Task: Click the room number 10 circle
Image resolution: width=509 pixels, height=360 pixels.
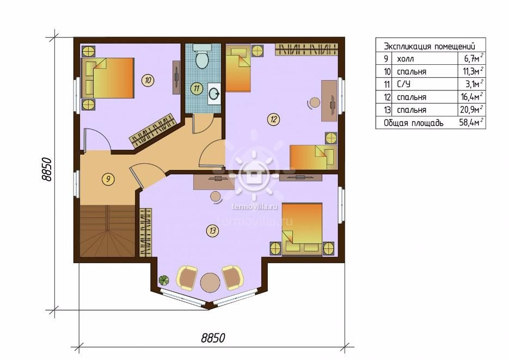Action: tap(148, 80)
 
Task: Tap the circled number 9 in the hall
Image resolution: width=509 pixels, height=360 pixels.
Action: tap(108, 179)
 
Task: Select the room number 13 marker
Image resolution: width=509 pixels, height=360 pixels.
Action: tap(212, 231)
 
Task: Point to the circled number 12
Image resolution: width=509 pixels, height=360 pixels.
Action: tap(273, 119)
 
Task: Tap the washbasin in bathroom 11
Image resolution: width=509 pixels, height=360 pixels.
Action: tap(214, 94)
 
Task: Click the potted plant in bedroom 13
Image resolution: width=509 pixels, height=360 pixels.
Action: tap(164, 279)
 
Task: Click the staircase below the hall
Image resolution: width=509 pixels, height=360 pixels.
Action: tap(107, 231)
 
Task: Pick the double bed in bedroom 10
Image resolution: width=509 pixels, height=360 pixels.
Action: tap(107, 78)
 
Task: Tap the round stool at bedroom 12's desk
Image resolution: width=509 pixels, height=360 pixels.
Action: tap(314, 102)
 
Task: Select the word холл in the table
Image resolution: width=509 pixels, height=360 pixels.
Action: tap(406, 59)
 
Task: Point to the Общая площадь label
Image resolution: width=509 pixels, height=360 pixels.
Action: tap(413, 123)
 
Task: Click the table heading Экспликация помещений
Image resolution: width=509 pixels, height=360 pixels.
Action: tap(429, 46)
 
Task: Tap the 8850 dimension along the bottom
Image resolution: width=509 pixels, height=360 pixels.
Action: tap(213, 338)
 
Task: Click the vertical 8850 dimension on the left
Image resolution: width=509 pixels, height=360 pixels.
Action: tap(47, 169)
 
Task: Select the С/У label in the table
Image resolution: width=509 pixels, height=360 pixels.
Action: tap(403, 84)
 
